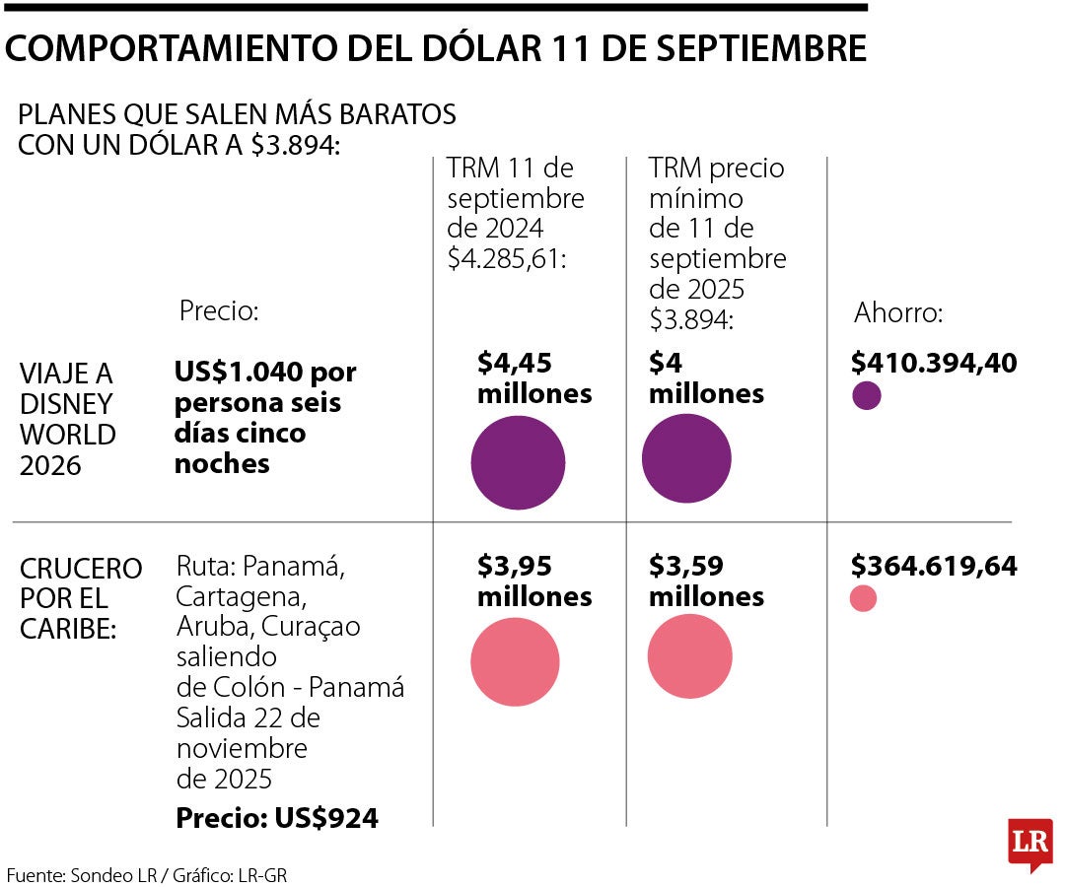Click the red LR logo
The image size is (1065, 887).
[1029, 844]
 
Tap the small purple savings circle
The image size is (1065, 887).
[866, 395]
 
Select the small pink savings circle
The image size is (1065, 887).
[863, 598]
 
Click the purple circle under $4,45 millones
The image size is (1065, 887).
[518, 462]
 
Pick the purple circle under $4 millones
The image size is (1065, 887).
[686, 459]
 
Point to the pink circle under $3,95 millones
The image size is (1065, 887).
[515, 661]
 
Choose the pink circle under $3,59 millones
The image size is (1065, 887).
[690, 657]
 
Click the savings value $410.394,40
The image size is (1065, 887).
[934, 364]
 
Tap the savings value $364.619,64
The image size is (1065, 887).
[934, 567]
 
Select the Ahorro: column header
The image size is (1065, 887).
[898, 313]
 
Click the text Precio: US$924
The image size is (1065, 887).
[276, 818]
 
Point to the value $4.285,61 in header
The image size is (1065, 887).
[504, 259]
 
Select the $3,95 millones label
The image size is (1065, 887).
[534, 581]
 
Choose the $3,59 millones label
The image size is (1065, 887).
[706, 581]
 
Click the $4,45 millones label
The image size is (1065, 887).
[534, 378]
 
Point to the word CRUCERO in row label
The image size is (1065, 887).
[81, 569]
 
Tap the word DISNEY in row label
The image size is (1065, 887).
[65, 404]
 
